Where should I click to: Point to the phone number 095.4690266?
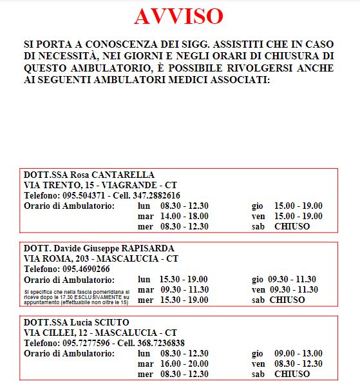pos(86,269)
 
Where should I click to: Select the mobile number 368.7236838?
pos(162,342)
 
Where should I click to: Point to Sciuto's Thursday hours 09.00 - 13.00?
pos(299,353)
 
